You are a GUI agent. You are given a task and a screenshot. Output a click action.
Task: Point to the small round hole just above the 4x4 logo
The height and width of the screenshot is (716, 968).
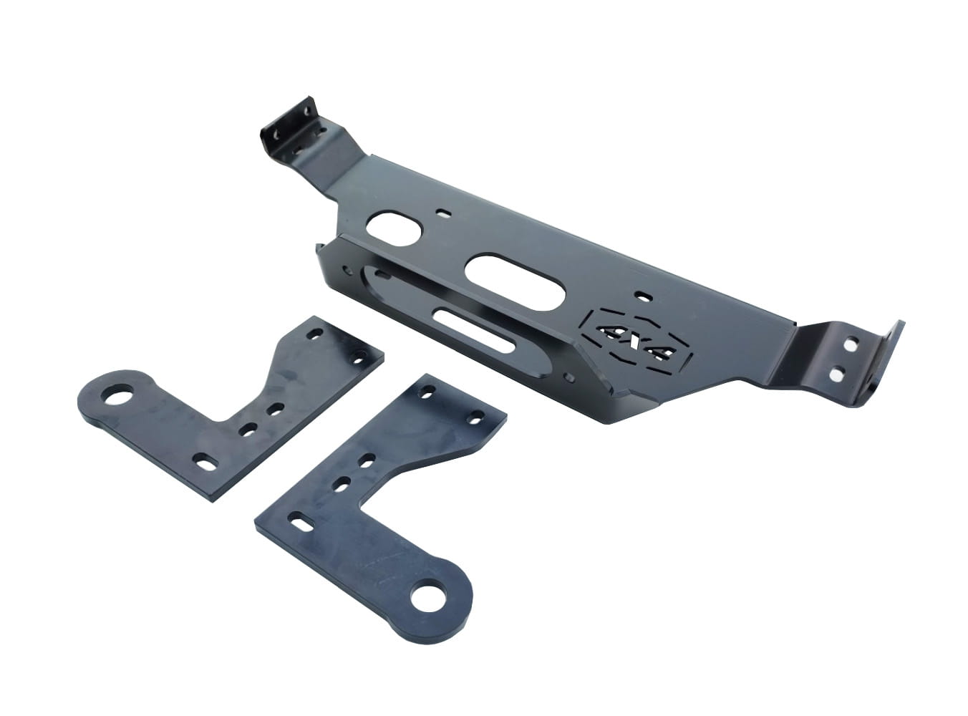pyautogui.click(x=643, y=296)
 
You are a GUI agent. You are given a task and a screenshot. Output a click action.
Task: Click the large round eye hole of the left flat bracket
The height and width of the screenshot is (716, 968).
pyautogui.click(x=118, y=395)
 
